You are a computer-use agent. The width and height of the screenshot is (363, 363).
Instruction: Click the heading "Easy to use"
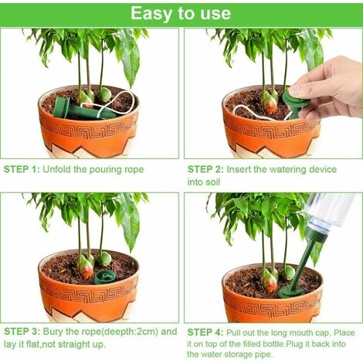tap(180, 13)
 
